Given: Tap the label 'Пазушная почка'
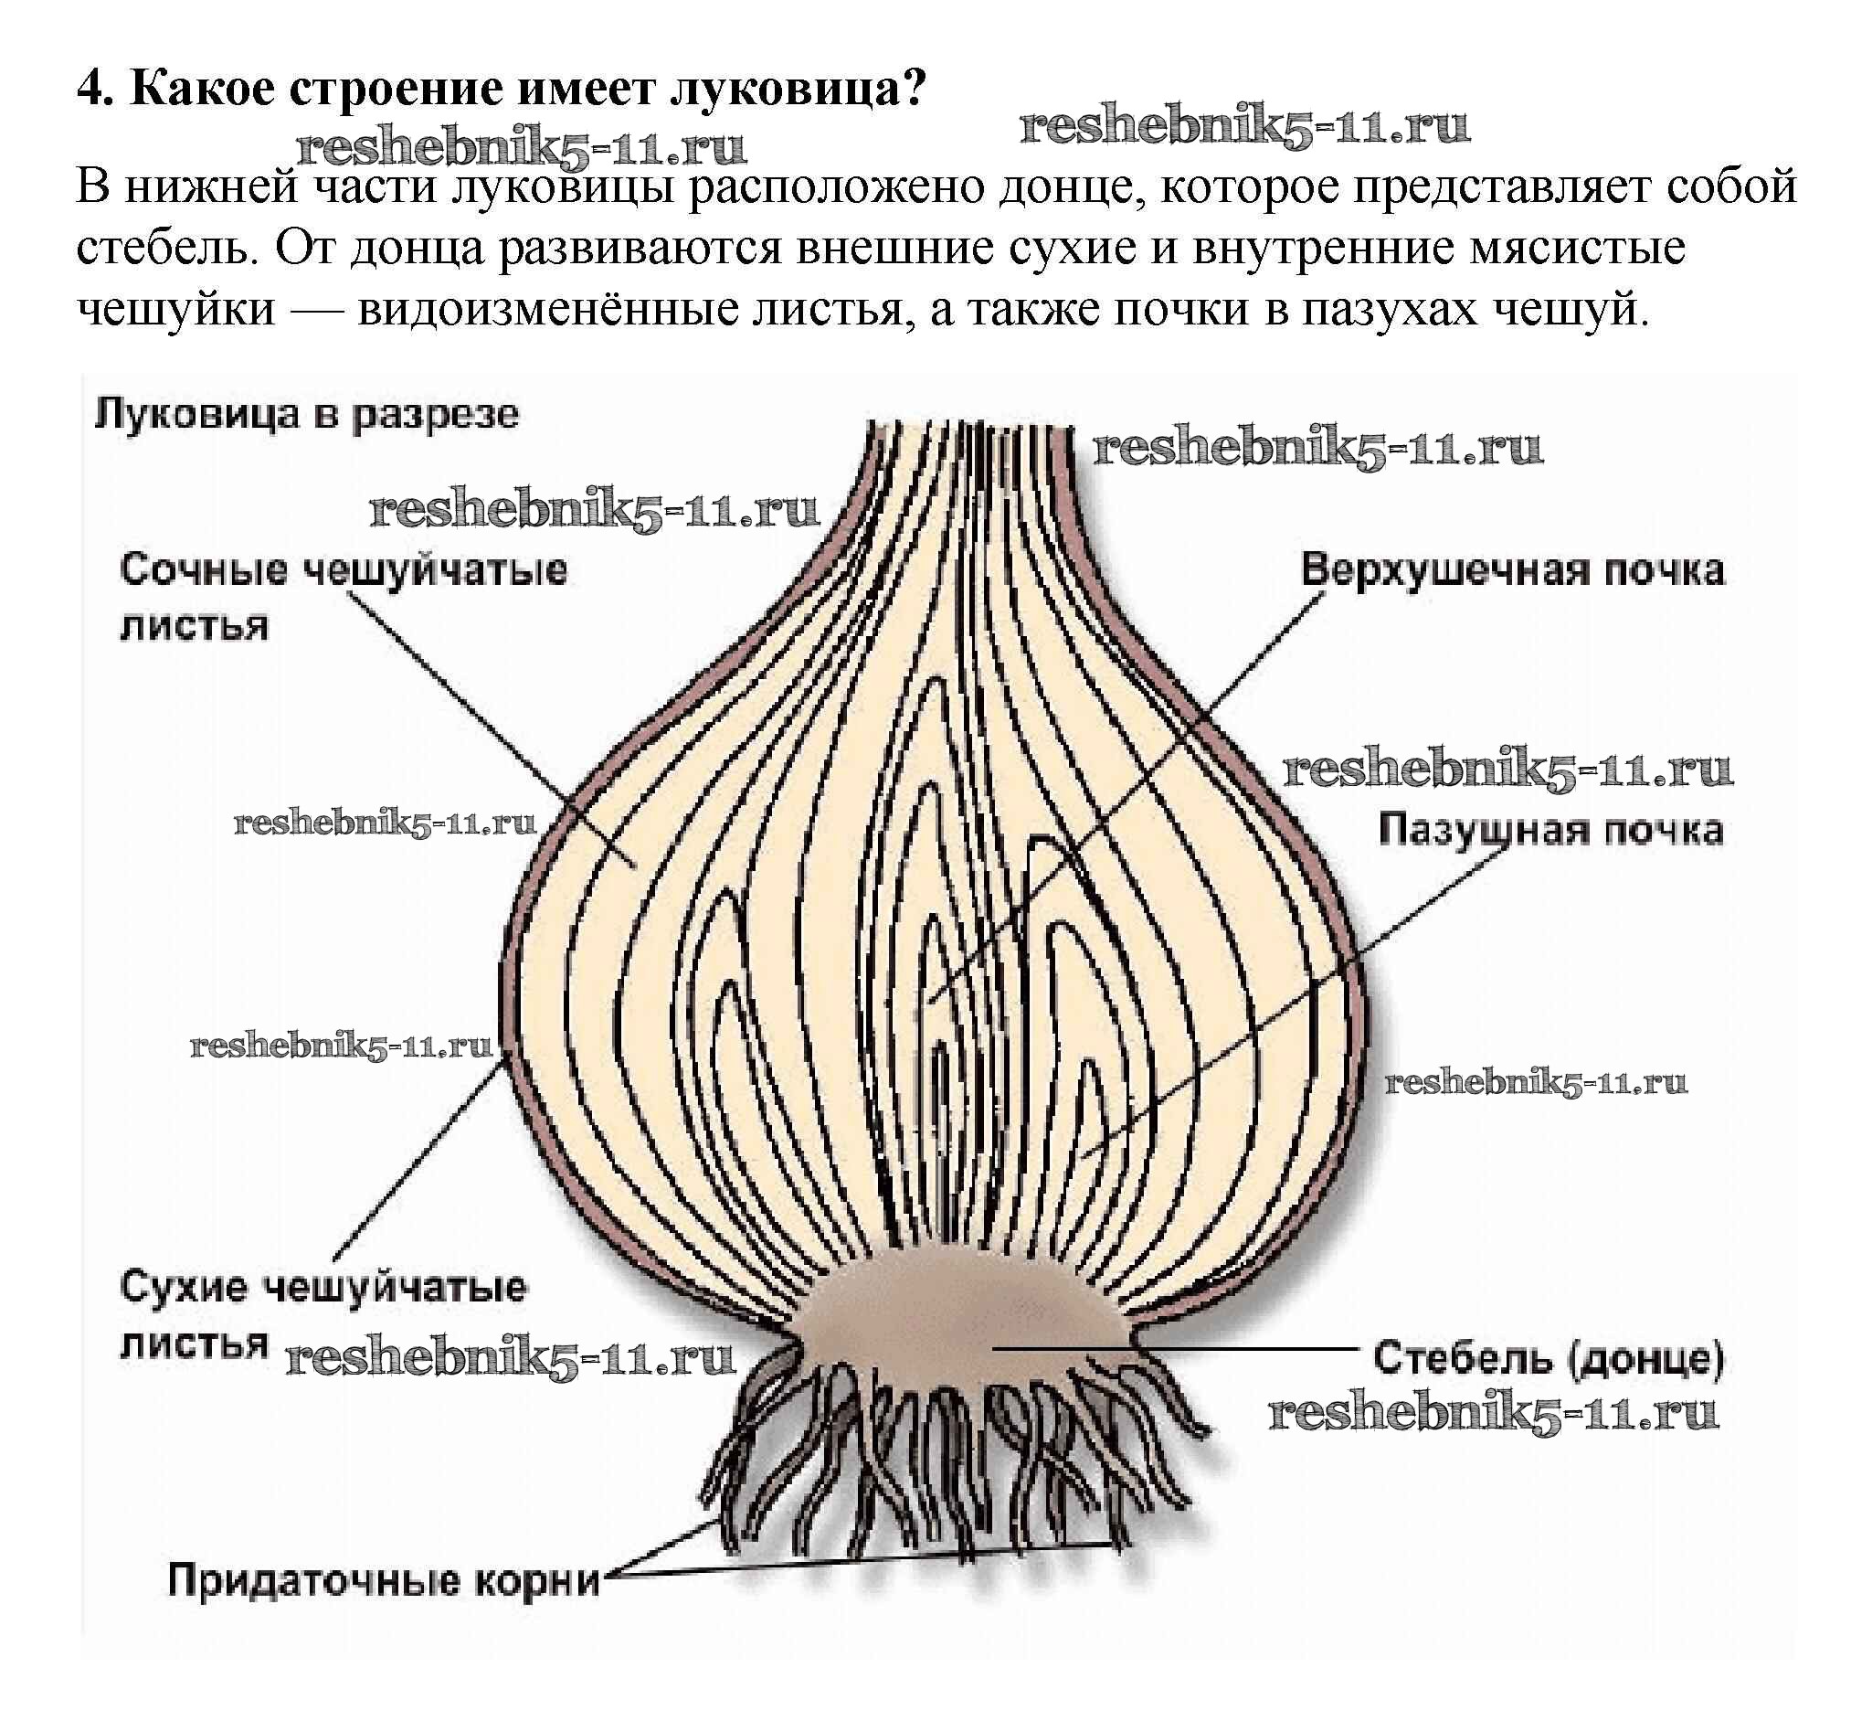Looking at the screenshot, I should tap(1550, 830).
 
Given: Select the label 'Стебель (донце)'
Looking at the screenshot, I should tap(1549, 1359).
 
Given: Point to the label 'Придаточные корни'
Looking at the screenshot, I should tap(384, 1580).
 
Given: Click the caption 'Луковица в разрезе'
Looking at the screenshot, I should tap(306, 414).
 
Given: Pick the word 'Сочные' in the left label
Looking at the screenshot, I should tap(203, 569).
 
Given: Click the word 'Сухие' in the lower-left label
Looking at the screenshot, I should tap(185, 1287).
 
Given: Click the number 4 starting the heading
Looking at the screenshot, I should tap(90, 90).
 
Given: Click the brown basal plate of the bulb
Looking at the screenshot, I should tap(959, 1323).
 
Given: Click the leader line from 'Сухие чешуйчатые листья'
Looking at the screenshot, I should tap(419, 1154).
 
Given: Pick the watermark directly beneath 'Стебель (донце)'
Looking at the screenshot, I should tap(1494, 1413).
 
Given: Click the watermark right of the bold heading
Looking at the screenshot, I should tap(1245, 127).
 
